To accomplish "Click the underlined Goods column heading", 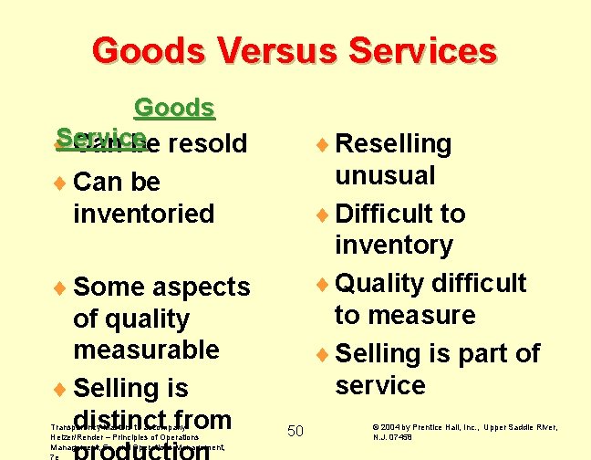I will click(173, 109).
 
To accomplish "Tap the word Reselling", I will click(393, 143).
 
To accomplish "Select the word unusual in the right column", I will click(385, 174).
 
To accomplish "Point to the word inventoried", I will click(143, 214).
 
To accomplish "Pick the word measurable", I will click(146, 350).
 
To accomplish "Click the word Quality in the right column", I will click(380, 283).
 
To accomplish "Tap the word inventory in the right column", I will click(393, 245).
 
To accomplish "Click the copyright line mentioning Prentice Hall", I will click(465, 432).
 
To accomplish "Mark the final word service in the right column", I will click(379, 385).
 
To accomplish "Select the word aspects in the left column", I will click(201, 287).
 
